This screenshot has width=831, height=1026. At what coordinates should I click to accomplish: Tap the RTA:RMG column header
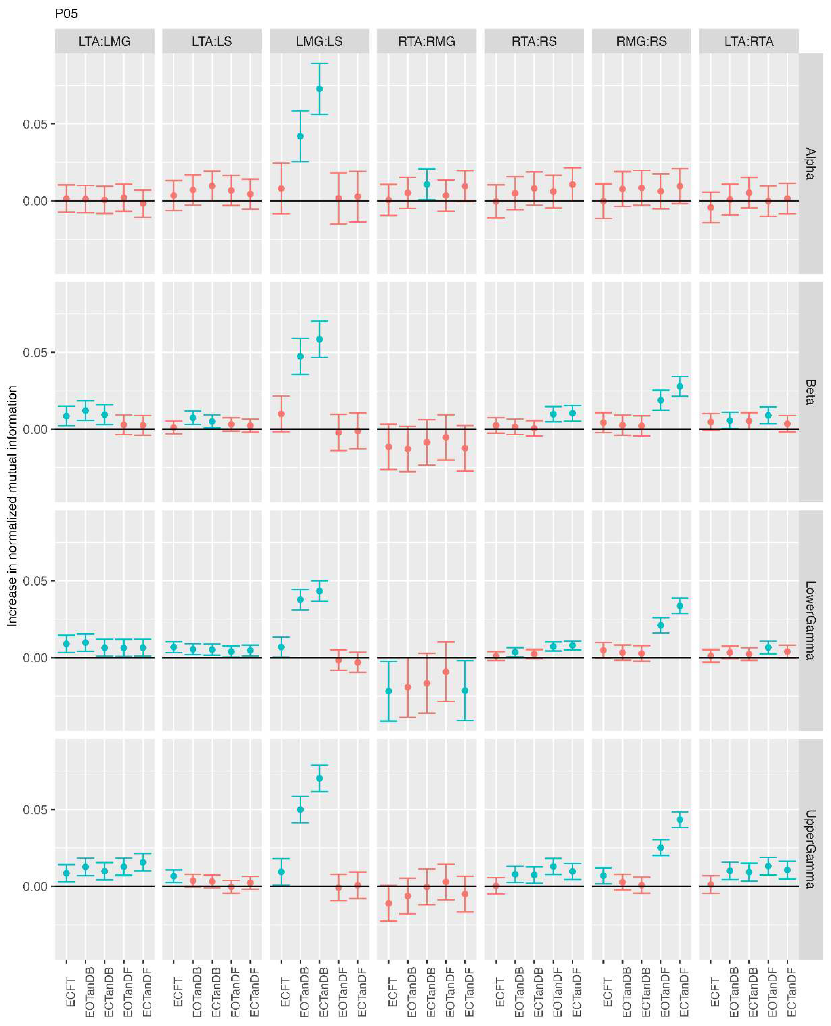tap(427, 41)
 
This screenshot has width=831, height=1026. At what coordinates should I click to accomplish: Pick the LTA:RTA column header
tap(749, 41)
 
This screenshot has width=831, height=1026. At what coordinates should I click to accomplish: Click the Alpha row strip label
tap(810, 164)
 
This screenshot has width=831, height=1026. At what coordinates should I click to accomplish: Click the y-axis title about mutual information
tap(12, 506)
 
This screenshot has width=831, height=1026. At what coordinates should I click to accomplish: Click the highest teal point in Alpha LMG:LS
tap(319, 88)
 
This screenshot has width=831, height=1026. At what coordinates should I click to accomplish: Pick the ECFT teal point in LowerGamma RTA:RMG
tap(389, 691)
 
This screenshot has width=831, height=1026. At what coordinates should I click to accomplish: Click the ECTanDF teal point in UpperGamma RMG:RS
tap(680, 819)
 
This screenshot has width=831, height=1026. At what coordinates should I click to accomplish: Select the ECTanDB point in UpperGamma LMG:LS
tap(319, 778)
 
